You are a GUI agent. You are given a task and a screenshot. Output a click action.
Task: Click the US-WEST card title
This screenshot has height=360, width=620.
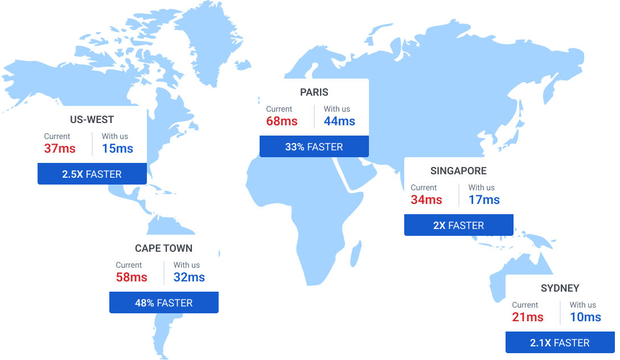pos(92,120)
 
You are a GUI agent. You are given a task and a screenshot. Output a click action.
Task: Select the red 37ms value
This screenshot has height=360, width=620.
pos(60,149)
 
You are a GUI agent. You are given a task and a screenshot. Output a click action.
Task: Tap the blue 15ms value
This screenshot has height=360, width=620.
pos(117,149)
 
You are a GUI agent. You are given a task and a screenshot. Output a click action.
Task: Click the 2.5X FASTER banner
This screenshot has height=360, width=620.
pos(92,174)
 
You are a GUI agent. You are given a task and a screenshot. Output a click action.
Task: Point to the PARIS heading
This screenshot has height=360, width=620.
pos(314,92)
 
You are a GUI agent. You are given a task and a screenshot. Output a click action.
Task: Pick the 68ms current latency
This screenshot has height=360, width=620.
pos(282,121)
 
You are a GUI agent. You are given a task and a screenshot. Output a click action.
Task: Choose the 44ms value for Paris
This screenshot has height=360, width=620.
pos(339,121)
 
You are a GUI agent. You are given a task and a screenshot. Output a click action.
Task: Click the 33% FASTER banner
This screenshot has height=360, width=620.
pos(314,146)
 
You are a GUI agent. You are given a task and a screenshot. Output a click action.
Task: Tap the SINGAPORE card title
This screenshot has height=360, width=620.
pos(458,171)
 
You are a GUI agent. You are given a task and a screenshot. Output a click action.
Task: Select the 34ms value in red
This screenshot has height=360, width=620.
pos(426,200)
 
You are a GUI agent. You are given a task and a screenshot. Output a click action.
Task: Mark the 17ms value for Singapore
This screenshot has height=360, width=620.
pos(484,200)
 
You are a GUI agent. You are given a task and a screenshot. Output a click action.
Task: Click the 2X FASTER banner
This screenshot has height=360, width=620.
pos(458,225)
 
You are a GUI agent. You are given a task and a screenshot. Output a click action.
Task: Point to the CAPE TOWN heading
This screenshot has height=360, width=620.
pos(163,248)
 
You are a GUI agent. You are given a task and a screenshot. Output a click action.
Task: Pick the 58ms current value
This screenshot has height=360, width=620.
pos(132,277)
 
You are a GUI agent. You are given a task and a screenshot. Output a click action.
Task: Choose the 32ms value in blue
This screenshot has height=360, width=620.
pos(189,277)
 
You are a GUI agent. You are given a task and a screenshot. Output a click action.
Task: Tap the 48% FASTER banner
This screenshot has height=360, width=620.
pos(163,302)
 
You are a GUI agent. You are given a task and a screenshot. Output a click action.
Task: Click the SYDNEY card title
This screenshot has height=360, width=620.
pos(560,288)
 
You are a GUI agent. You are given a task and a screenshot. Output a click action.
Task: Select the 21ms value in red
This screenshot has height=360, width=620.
pos(528,317)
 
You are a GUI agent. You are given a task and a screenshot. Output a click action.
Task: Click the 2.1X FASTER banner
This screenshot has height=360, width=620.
pos(560,342)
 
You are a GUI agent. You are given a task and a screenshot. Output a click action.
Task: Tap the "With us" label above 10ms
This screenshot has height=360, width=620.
pos(582,305)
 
